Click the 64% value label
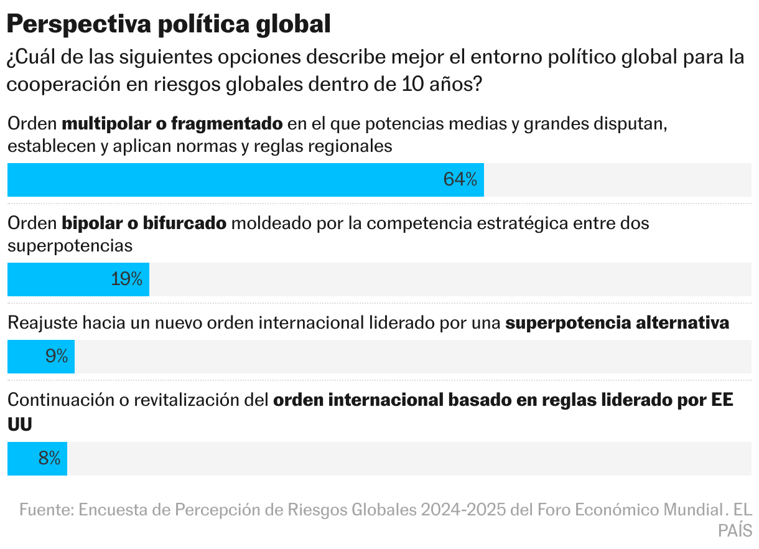tap(460, 180)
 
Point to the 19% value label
tap(127, 279)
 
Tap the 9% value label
tap(57, 357)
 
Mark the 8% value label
tap(49, 459)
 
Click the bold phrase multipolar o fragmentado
tap(172, 124)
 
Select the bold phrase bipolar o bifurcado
tap(144, 223)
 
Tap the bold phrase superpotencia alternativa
tap(617, 323)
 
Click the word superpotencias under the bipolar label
tap(70, 246)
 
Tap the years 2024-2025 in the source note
tap(463, 510)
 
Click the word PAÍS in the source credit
tap(735, 531)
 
